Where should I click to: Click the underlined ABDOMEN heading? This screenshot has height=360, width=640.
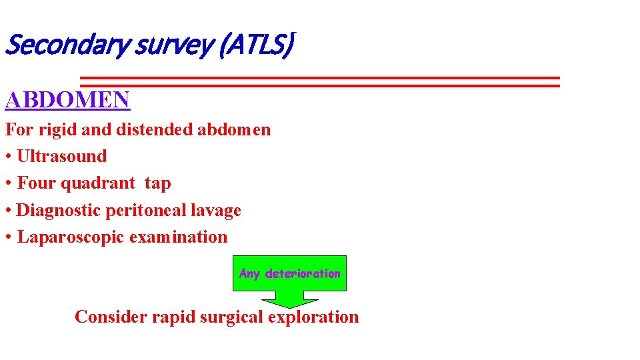point(67,100)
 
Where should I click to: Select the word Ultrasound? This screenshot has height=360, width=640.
point(62,156)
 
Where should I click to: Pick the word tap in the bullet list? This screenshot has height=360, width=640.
point(157,183)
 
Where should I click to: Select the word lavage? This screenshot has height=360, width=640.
point(217,210)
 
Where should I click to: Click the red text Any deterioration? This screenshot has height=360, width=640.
point(289,273)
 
